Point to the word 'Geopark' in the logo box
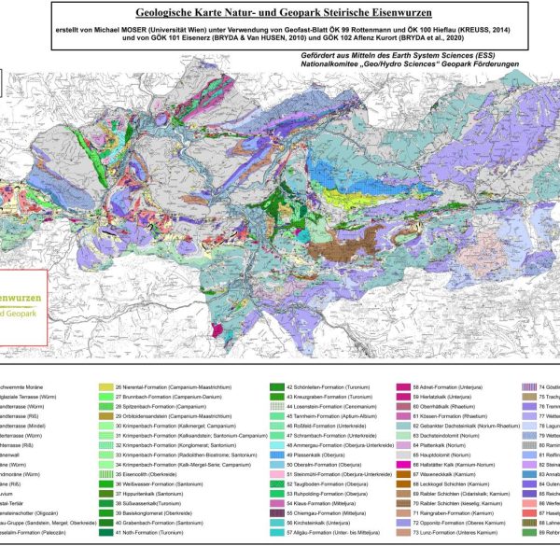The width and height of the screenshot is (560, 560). point(23,314)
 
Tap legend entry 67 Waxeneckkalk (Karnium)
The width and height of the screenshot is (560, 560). point(448,475)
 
